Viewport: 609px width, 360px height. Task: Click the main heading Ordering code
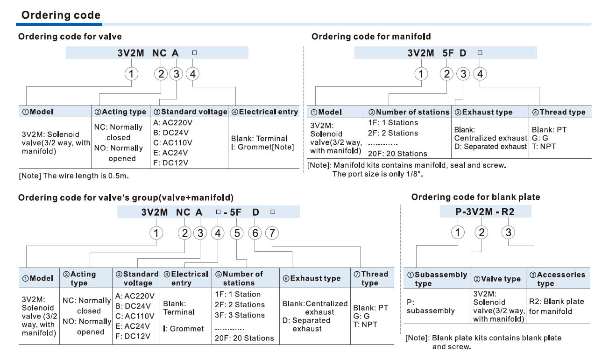point(61,15)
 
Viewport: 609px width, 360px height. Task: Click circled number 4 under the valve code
point(192,74)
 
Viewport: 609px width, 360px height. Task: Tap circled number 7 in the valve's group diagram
point(272,233)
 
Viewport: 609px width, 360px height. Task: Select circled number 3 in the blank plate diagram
point(508,233)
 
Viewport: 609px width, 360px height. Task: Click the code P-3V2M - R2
point(485,212)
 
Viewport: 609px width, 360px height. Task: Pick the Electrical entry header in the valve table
point(265,112)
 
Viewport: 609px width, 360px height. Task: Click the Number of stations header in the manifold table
point(409,112)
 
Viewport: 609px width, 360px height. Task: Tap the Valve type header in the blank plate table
point(497,279)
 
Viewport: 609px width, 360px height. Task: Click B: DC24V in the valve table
point(171,133)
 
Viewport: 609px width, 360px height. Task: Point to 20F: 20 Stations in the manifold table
point(397,154)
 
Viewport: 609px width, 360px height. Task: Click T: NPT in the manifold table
point(544,147)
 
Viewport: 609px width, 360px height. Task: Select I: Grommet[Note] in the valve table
point(262,147)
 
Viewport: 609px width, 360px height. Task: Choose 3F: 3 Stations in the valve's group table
point(240,315)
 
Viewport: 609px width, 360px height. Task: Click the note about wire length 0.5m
point(74,176)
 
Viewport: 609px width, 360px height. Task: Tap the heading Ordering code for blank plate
point(475,197)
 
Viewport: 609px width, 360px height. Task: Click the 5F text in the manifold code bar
point(448,53)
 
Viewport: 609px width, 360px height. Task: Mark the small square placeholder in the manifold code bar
point(480,53)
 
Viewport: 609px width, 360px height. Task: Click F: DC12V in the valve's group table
point(133,336)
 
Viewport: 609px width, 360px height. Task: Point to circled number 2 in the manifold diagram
point(446,74)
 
